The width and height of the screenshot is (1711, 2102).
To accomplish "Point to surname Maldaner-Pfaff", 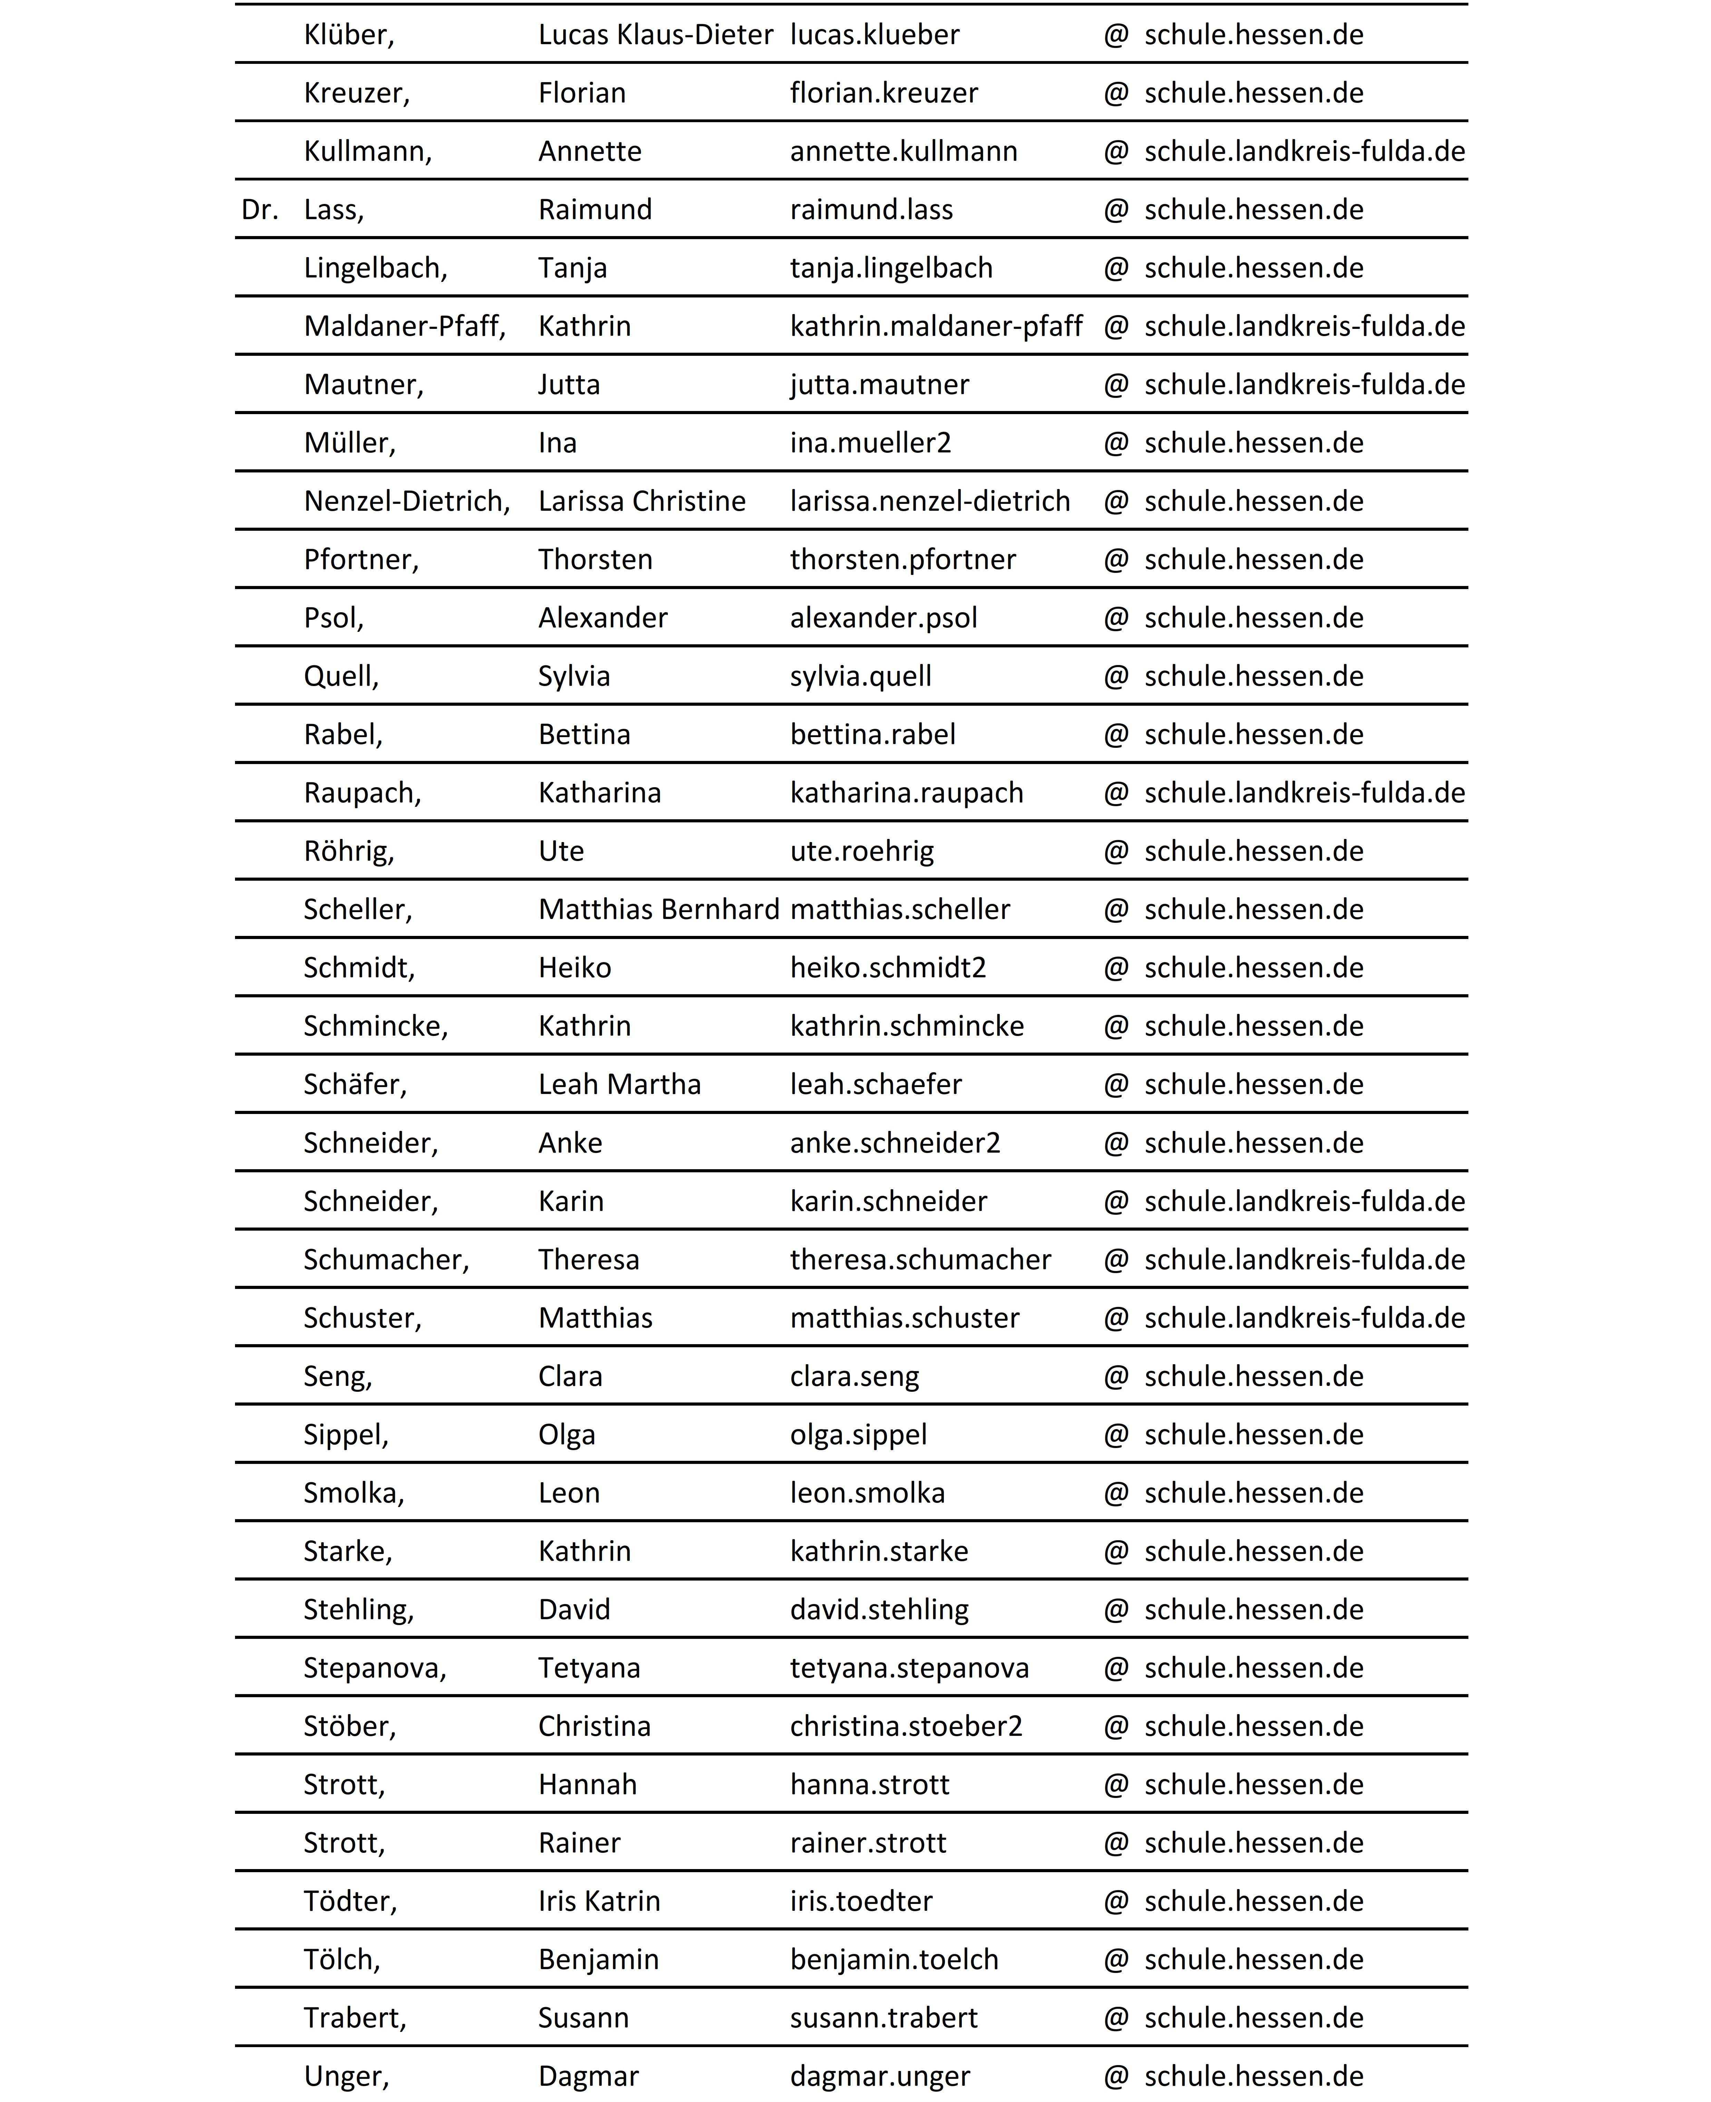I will [x=404, y=326].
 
